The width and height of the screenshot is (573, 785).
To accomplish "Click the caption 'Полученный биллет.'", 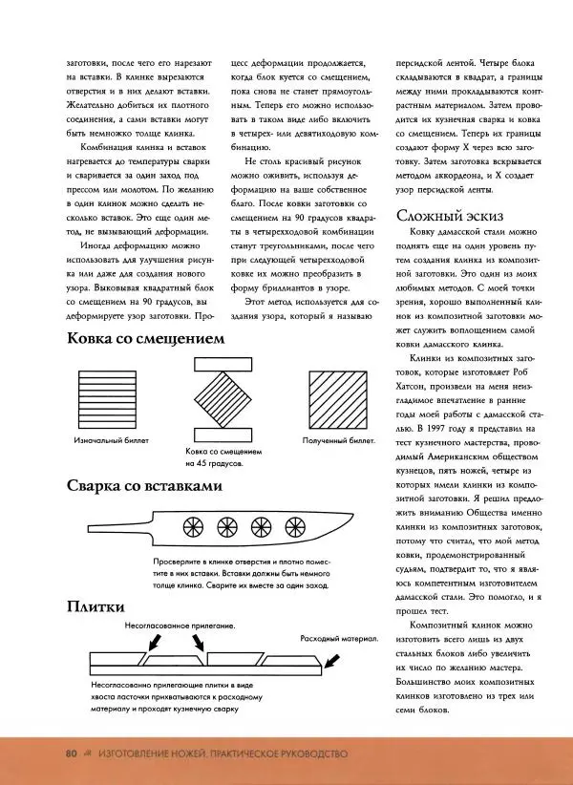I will point(338,442).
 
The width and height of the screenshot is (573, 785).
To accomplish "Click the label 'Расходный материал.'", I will point(340,637).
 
